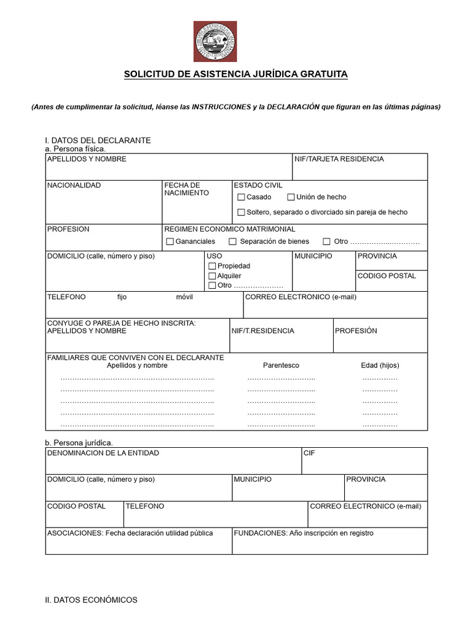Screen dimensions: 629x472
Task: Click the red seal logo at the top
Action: pos(215,41)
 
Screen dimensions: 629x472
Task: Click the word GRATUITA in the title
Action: pos(324,74)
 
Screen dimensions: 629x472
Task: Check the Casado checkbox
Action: pos(242,197)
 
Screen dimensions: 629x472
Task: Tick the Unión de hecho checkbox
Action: pos(291,197)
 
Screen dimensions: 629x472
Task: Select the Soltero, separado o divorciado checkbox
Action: pos(242,213)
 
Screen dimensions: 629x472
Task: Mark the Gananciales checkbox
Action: pos(170,241)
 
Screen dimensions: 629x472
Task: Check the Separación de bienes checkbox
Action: pos(233,241)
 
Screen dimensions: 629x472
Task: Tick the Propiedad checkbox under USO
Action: pos(212,266)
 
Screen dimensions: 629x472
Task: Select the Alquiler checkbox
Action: pos(212,276)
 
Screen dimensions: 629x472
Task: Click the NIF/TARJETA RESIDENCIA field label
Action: pos(339,159)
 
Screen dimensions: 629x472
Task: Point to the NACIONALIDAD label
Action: pos(74,185)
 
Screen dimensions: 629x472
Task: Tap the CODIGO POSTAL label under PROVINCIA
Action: pos(387,276)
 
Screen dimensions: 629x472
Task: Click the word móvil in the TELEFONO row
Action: pos(184,297)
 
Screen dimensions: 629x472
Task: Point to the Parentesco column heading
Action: pos(281,365)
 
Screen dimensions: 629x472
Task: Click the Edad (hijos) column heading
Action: pos(380,365)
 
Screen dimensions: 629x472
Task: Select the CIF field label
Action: pos(309,453)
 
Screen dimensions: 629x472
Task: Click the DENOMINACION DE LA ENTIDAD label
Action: pos(103,453)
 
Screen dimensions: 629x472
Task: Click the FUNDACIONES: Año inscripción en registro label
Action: pos(304,533)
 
